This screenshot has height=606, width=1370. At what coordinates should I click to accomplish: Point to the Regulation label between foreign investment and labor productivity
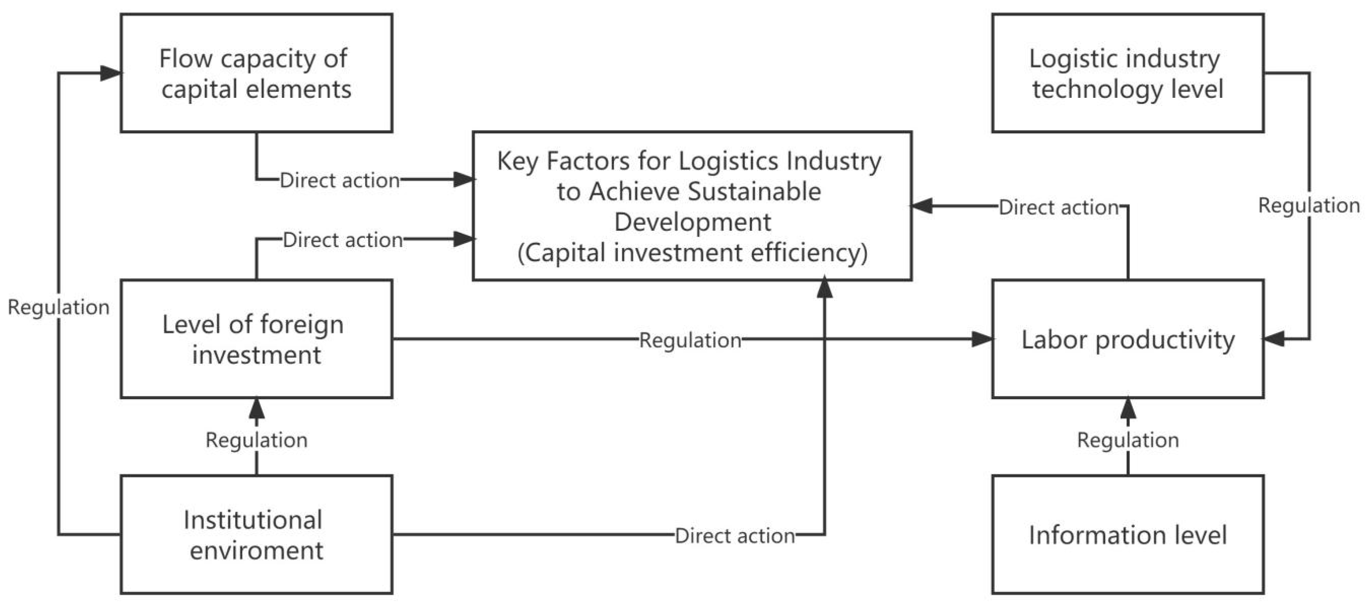690,340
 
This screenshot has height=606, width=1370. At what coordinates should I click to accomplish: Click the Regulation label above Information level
1128,440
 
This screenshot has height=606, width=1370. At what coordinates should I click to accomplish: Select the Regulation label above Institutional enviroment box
257,440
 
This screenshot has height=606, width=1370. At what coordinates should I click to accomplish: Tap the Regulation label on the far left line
58,307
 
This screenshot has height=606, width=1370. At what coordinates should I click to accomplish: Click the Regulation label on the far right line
1308,206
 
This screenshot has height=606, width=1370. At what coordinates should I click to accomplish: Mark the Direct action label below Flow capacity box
339,181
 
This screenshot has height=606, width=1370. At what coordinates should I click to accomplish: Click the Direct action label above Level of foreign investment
342,240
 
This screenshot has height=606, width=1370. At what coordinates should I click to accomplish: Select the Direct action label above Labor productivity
1058,207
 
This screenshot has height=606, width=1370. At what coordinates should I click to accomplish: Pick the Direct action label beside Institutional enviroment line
735,536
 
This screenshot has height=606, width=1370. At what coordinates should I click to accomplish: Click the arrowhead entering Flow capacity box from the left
111,73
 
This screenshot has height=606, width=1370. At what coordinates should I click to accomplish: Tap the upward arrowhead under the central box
824,288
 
